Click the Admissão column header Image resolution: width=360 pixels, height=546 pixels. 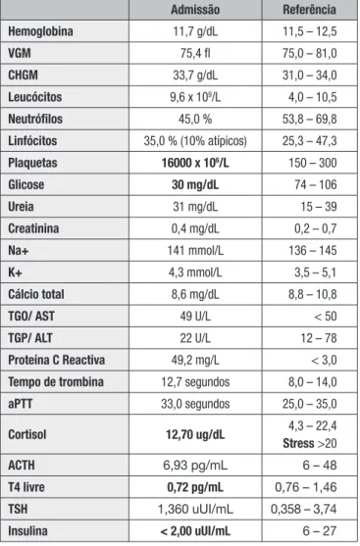(x=195, y=10)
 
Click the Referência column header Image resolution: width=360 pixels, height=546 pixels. (x=309, y=10)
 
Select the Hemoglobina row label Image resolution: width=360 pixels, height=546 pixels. (x=41, y=31)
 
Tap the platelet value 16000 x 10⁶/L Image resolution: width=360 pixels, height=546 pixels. (x=195, y=163)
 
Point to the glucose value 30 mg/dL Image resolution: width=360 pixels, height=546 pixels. (x=195, y=184)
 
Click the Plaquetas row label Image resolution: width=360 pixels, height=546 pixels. (x=32, y=163)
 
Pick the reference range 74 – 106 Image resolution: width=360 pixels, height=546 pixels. (x=316, y=184)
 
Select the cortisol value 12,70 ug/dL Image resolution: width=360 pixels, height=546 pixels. (x=195, y=434)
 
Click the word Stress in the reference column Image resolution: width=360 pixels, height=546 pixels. (x=298, y=443)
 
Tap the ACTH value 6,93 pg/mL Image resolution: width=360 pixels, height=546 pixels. (x=195, y=466)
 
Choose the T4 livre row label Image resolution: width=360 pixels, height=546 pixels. (x=26, y=487)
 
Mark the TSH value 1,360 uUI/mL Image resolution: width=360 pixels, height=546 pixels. (x=195, y=509)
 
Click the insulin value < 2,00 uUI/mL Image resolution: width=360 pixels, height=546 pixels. (x=195, y=531)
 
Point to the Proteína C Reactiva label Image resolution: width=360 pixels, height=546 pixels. (x=57, y=360)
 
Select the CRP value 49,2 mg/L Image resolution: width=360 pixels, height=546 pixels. (x=195, y=360)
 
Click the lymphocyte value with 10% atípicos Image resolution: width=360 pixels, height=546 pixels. (x=195, y=141)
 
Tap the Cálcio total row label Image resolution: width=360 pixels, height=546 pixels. (x=36, y=294)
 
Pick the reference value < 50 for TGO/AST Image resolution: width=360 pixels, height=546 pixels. (x=326, y=317)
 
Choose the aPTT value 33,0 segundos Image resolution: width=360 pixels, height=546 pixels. (x=195, y=404)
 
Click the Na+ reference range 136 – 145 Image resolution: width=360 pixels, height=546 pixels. (x=313, y=250)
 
